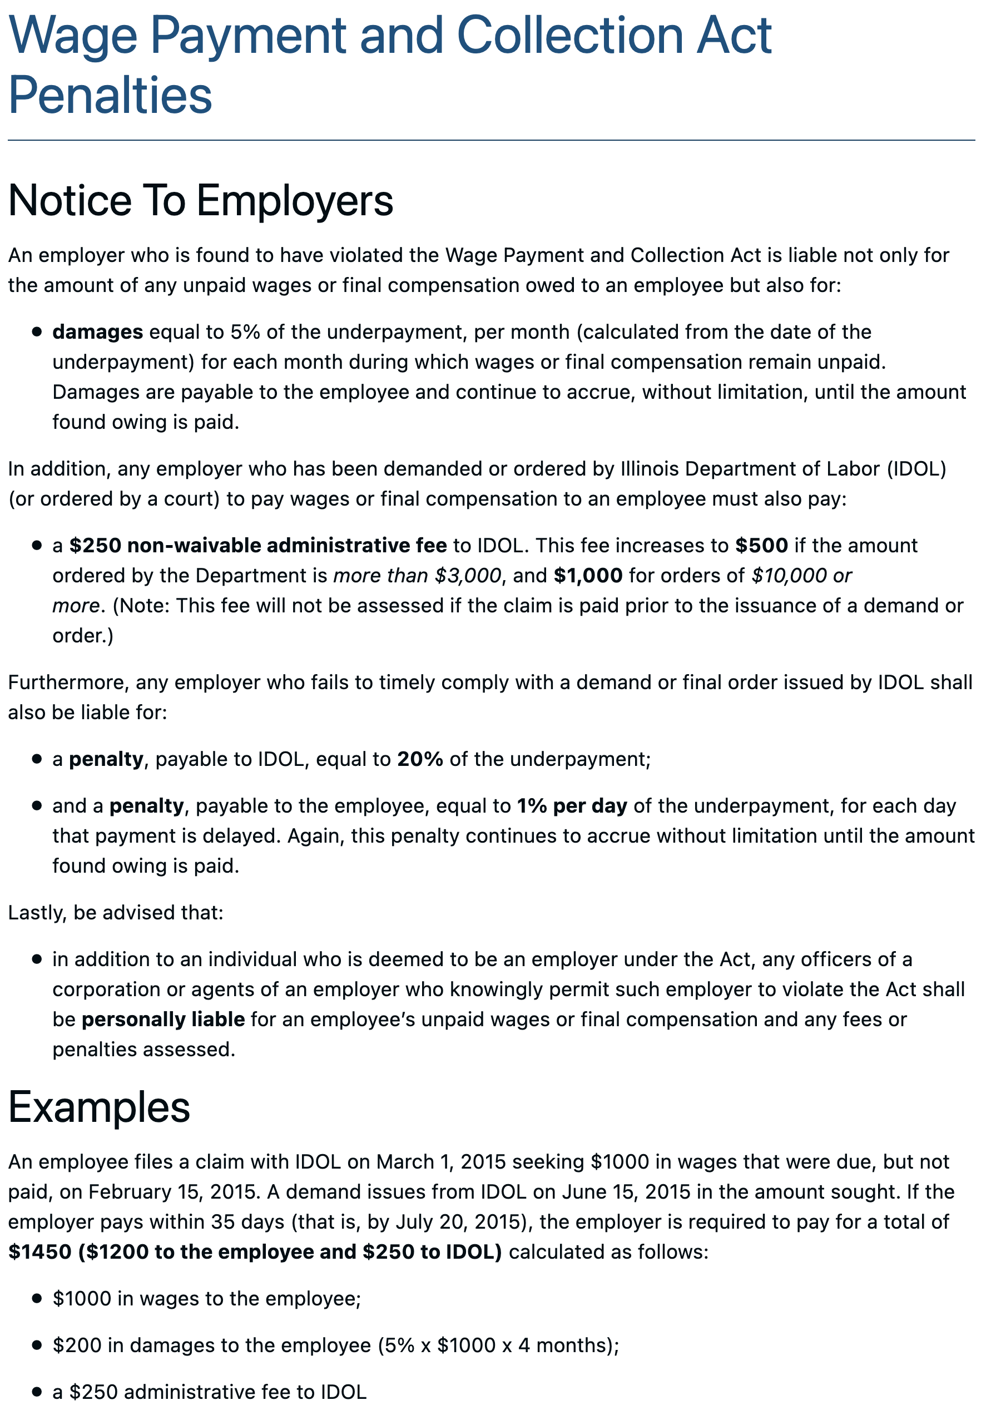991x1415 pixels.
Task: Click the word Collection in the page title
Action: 569,35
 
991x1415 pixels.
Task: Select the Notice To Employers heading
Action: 200,200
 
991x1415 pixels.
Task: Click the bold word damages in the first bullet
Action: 97,332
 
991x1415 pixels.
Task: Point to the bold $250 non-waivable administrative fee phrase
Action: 257,546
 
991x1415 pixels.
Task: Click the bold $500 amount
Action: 761,546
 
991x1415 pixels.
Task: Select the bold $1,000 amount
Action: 588,576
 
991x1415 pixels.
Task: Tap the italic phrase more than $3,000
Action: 417,576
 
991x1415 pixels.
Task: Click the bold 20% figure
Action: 420,759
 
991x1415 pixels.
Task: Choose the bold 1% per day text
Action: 571,806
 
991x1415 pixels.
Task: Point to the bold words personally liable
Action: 163,1020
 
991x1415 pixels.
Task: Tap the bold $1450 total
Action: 39,1251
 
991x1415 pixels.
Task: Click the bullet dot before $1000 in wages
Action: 37,1299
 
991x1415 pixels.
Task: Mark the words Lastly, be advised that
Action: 115,912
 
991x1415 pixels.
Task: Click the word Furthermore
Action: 68,683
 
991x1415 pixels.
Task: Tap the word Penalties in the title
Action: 110,96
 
